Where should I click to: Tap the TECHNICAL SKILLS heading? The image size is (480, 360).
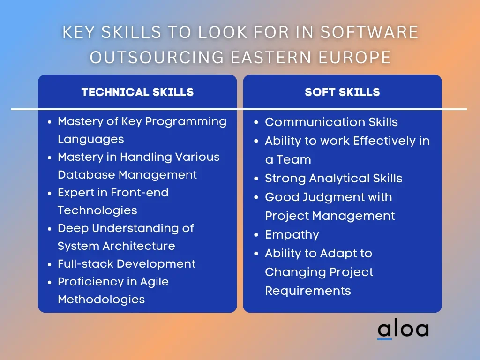[137, 92]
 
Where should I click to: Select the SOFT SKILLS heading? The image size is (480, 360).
[342, 92]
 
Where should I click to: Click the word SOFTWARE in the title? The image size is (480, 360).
[369, 32]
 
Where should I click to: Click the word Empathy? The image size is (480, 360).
[292, 235]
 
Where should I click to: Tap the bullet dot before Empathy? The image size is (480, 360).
[256, 235]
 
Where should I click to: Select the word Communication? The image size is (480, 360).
[315, 122]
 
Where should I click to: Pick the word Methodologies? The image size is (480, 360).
[101, 300]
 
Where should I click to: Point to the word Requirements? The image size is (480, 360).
[308, 291]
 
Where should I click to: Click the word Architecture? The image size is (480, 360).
[139, 246]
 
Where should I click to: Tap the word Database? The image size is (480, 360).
[86, 174]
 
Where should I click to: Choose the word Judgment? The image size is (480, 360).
[333, 197]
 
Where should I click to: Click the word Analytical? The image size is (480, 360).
[339, 179]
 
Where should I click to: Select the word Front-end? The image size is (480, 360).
[140, 193]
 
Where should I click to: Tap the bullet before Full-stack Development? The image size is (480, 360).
[50, 264]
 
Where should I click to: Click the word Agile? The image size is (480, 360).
[154, 282]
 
